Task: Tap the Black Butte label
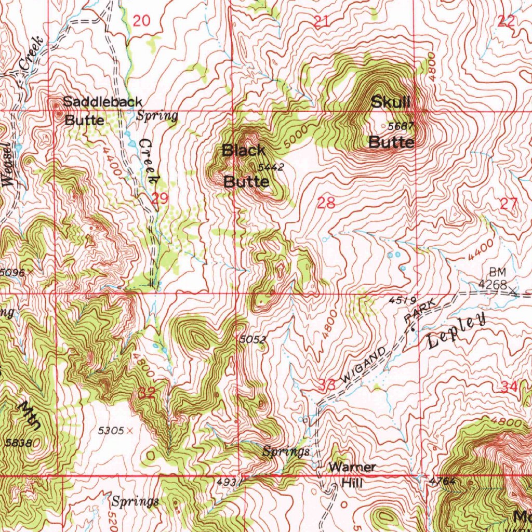(245, 166)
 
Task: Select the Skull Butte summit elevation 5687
(401, 126)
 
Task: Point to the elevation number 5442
(270, 167)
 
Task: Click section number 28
(326, 203)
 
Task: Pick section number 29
(159, 198)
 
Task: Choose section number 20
(141, 21)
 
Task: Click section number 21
(322, 21)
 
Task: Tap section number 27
(509, 204)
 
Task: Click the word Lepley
(457, 331)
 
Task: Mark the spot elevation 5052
(253, 339)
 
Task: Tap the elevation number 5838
(19, 443)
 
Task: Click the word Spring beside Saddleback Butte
(157, 116)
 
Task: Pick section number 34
(509, 386)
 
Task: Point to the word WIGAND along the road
(363, 366)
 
